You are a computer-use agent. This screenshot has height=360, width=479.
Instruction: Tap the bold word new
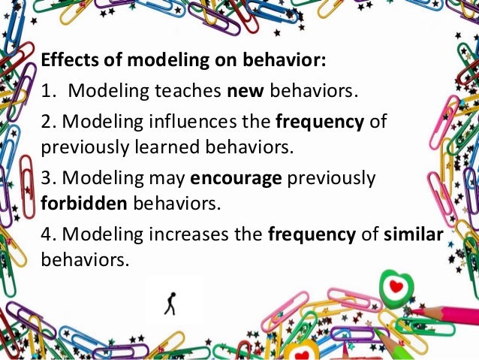242,91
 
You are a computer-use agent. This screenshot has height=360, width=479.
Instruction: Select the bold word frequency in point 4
312,234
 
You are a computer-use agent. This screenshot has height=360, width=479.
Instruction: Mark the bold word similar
414,234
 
